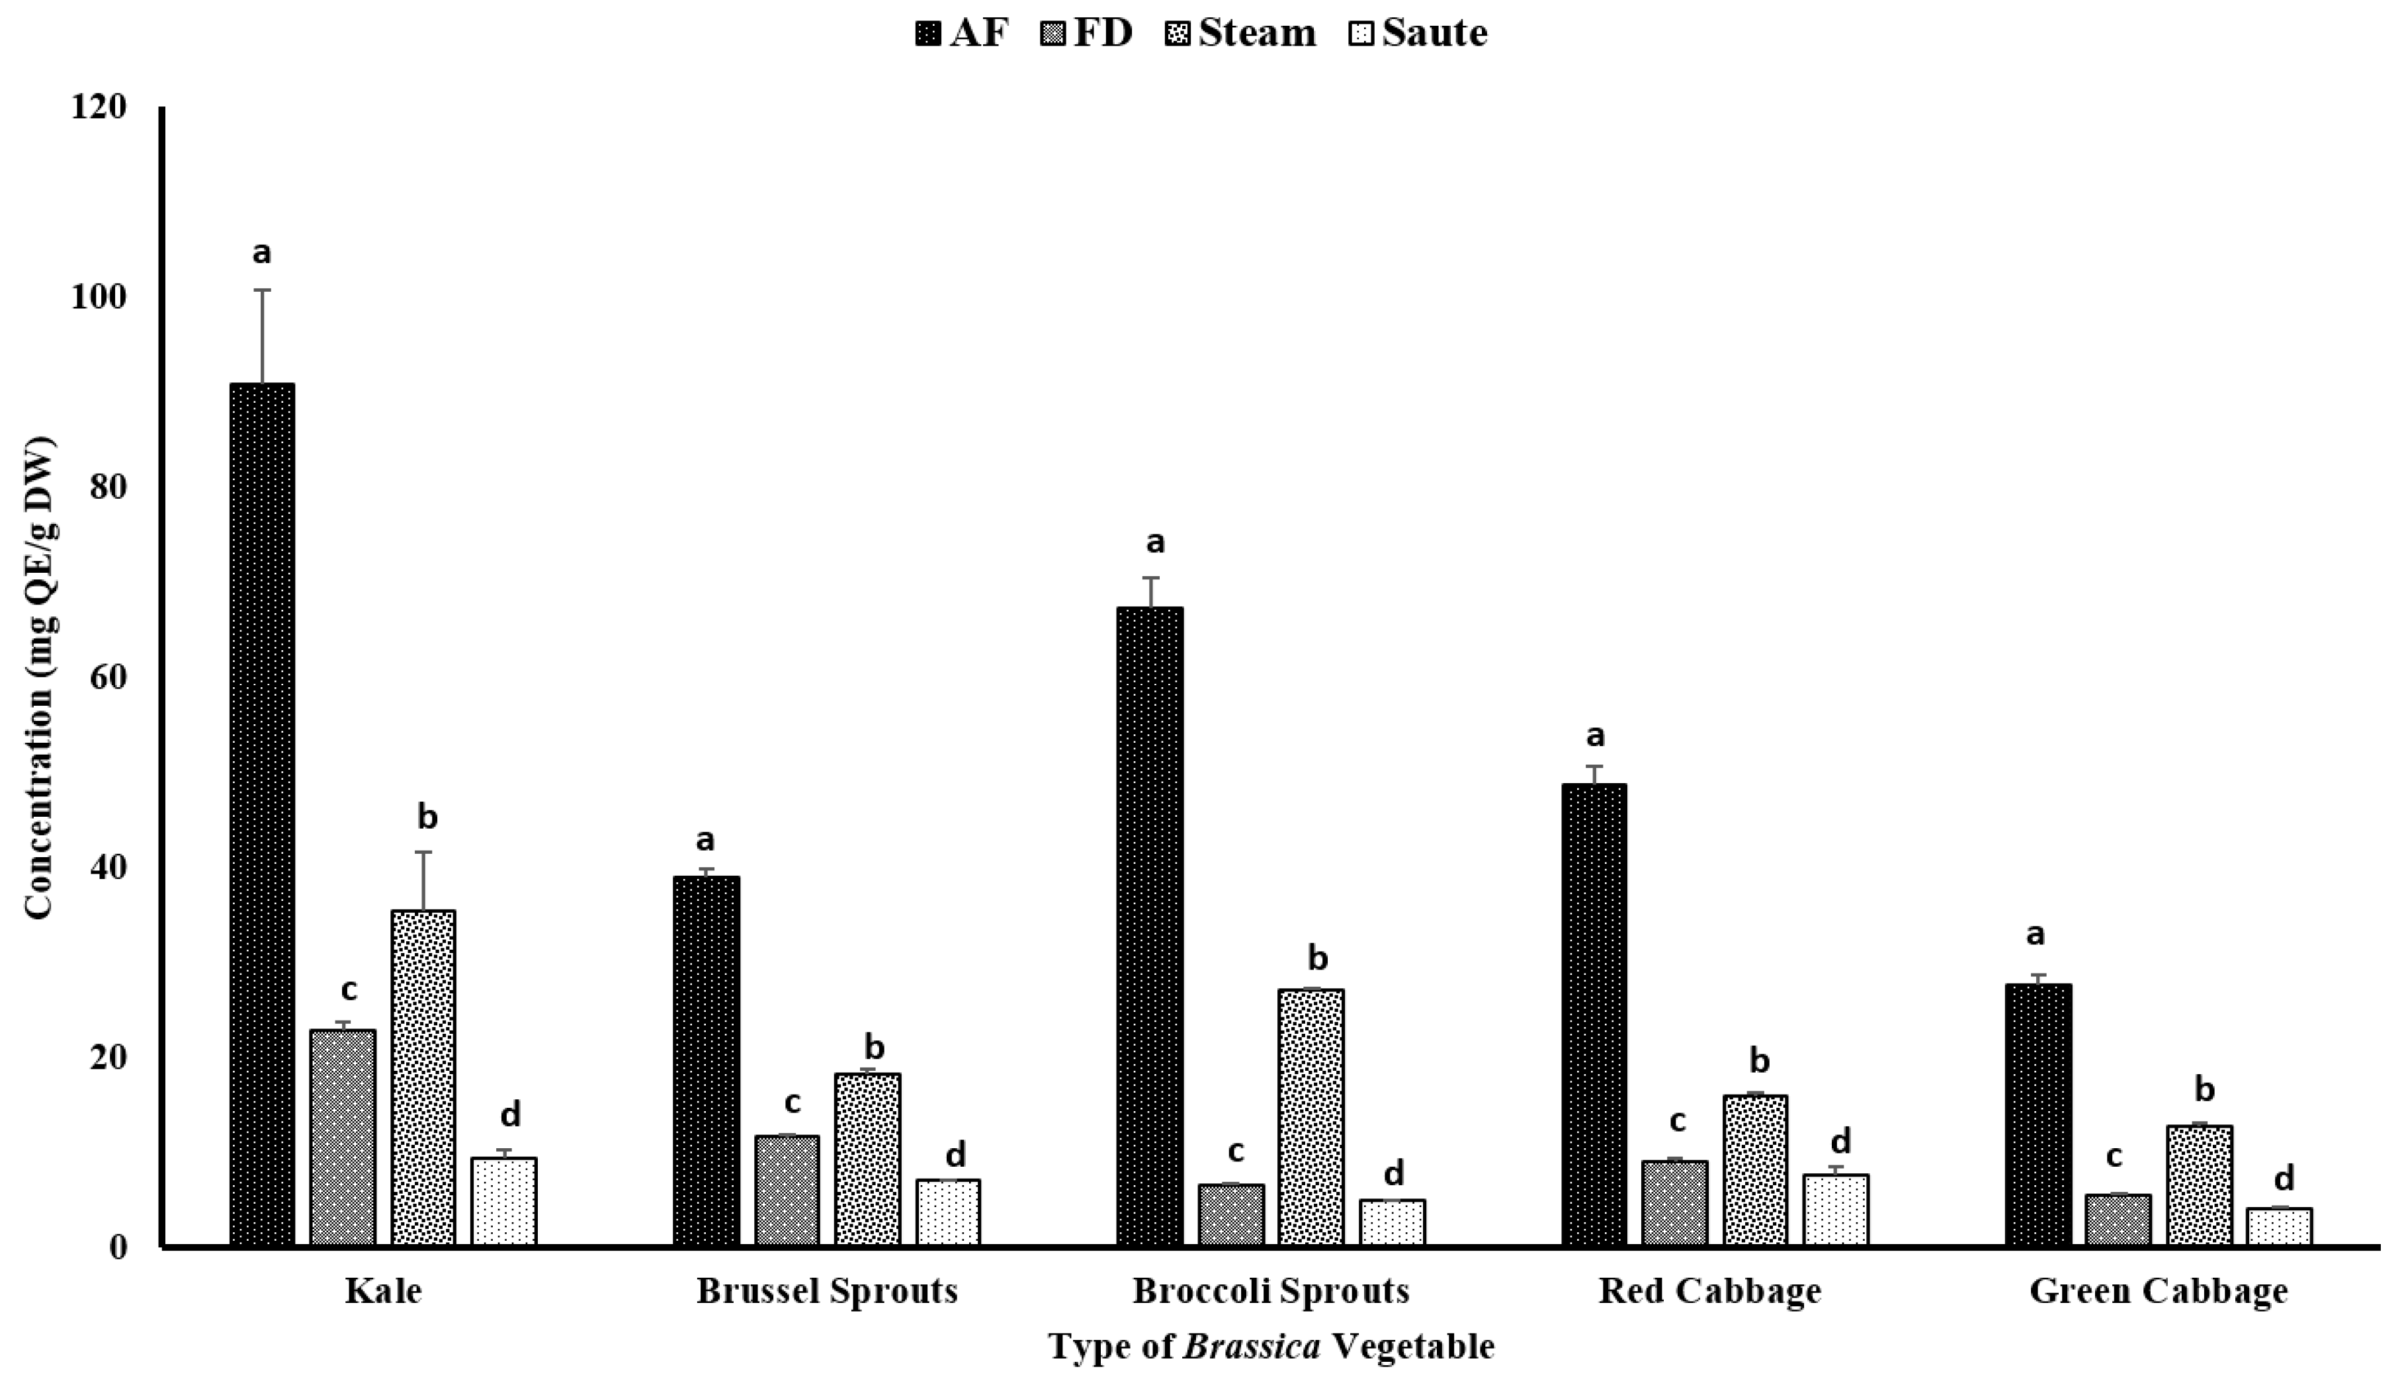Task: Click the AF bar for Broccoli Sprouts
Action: tap(1150, 926)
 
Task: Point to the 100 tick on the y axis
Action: tap(98, 297)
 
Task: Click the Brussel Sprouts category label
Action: tap(827, 1291)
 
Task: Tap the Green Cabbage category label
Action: tap(2159, 1291)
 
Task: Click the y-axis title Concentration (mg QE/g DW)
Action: tap(40, 677)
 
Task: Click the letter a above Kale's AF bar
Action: tap(262, 253)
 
